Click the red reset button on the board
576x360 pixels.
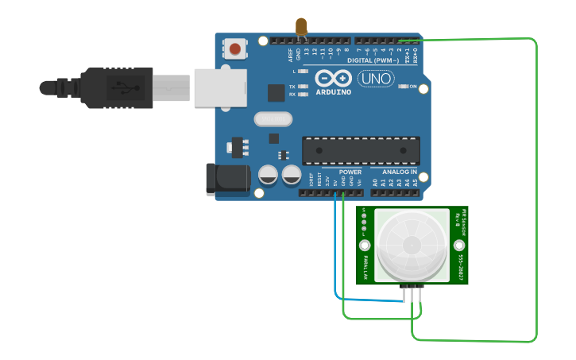click(234, 50)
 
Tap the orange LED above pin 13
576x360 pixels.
click(301, 28)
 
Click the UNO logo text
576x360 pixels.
click(376, 79)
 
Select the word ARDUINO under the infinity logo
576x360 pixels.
click(333, 91)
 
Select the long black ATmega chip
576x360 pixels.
click(361, 150)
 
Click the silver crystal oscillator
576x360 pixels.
click(274, 119)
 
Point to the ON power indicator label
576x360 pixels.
click(412, 85)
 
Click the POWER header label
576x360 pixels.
click(350, 172)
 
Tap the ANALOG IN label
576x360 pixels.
click(398, 172)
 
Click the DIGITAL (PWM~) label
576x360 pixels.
click(371, 60)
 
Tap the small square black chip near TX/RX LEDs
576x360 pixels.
click(276, 92)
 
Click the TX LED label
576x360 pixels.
click(292, 86)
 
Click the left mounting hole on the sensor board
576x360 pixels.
click(365, 245)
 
